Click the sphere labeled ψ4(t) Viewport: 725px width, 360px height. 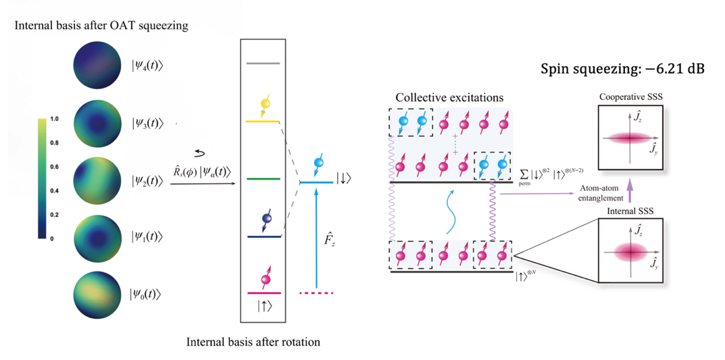pyautogui.click(x=95, y=66)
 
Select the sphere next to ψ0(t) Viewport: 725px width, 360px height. pyautogui.click(x=95, y=294)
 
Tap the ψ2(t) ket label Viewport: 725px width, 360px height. pyautogui.click(x=147, y=181)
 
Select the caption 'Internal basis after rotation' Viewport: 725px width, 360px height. pyautogui.click(x=253, y=341)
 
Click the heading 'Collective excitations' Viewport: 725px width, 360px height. pyautogui.click(x=449, y=98)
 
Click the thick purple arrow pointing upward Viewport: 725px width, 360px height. pyautogui.click(x=630, y=192)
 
